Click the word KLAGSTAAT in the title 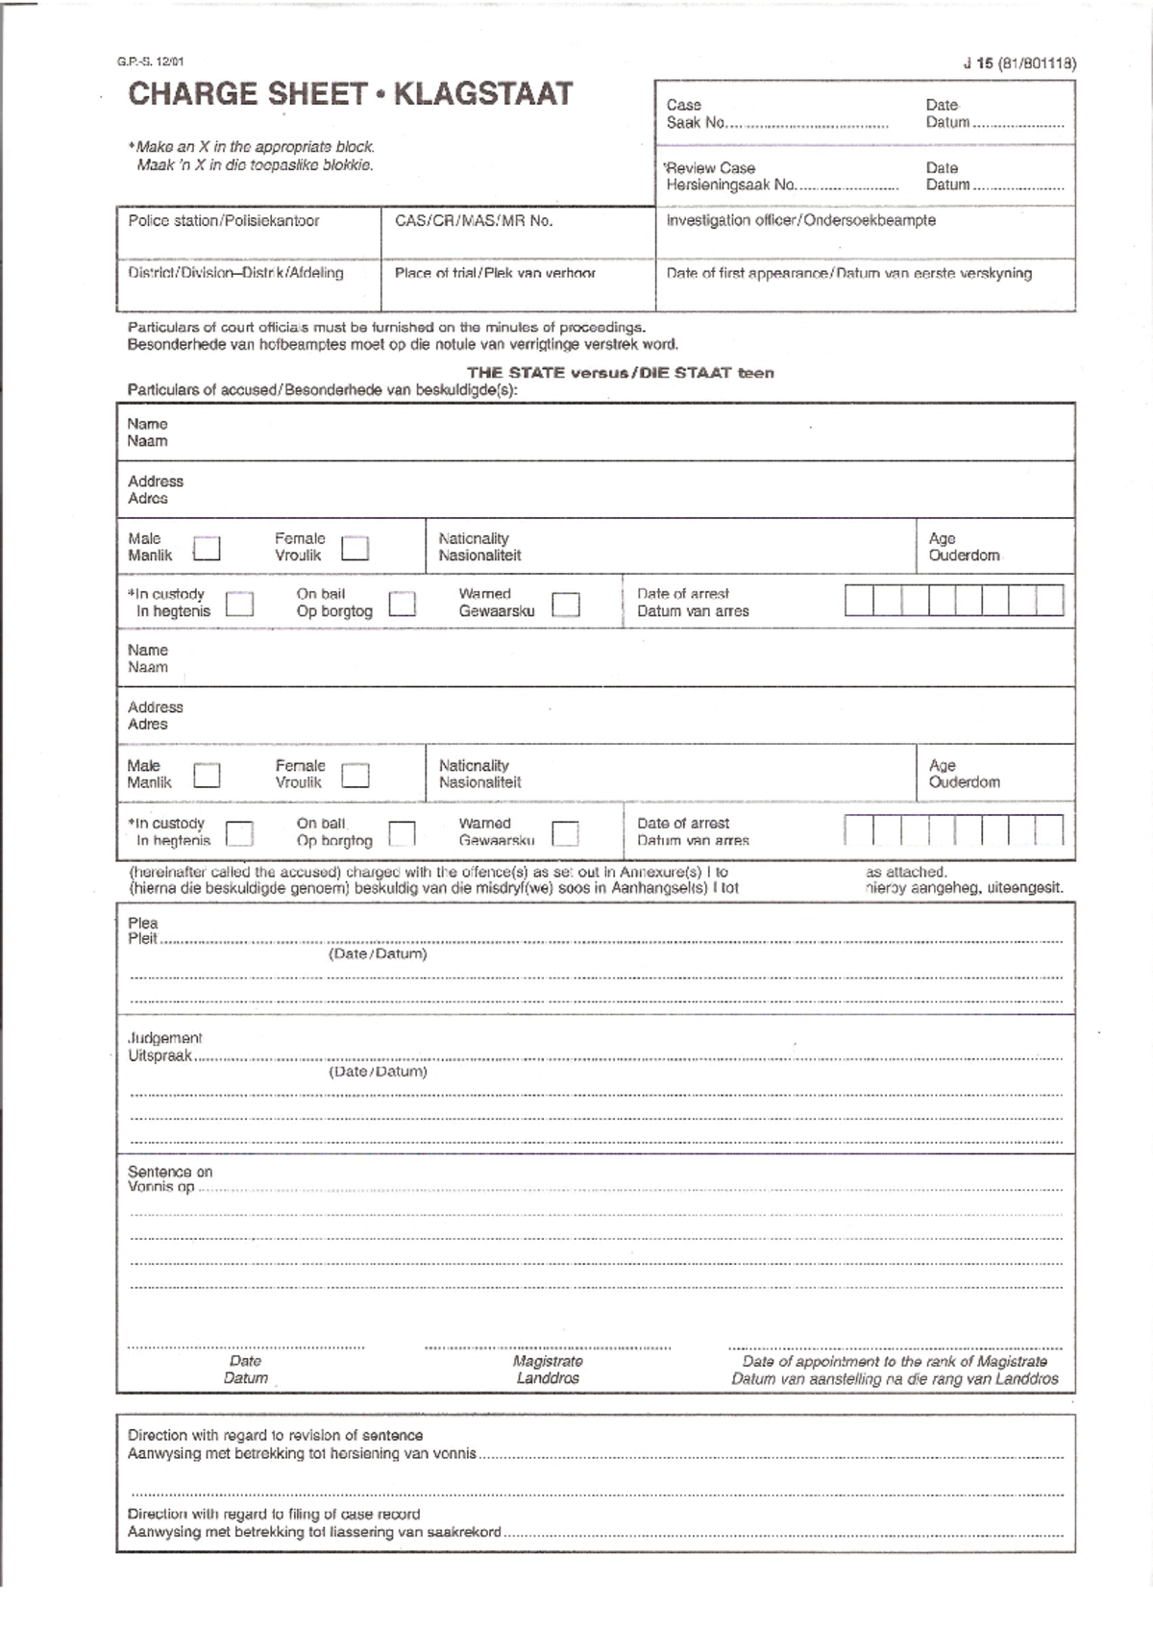tap(483, 94)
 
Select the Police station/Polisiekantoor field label tap(223, 221)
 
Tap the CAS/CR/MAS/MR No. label tap(473, 221)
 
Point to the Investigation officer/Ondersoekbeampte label tap(800, 220)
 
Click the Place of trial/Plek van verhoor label tap(495, 273)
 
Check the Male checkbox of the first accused tap(207, 548)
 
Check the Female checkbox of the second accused tap(356, 775)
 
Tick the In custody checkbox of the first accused tap(239, 604)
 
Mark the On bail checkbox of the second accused tap(402, 832)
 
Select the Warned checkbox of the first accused tap(566, 604)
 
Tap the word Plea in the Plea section tap(142, 923)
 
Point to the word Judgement tap(164, 1038)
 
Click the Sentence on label tap(170, 1172)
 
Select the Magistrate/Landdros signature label tap(548, 1370)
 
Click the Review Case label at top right tap(711, 167)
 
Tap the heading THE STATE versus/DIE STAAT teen tap(620, 373)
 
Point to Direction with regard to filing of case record tap(274, 1514)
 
